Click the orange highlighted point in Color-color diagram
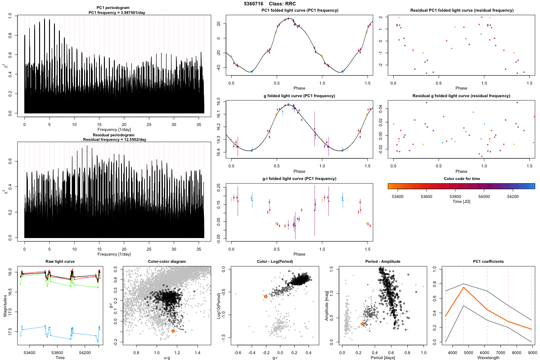click(x=173, y=331)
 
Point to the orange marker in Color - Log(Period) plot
click(x=266, y=297)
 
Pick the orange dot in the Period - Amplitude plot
click(x=363, y=324)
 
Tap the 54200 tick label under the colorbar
click(x=514, y=196)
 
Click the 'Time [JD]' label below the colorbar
click(x=461, y=202)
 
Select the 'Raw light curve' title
click(x=60, y=261)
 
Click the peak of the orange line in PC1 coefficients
click(x=463, y=287)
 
